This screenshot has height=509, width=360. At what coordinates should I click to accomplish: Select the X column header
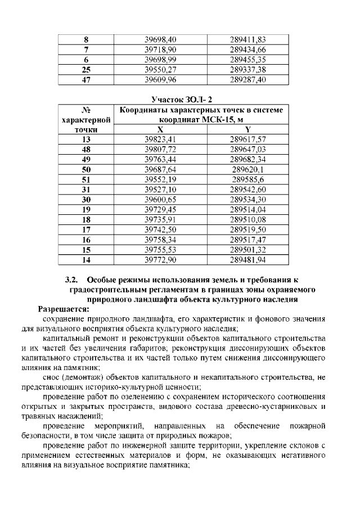[160, 129]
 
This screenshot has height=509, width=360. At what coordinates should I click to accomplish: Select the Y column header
[247, 129]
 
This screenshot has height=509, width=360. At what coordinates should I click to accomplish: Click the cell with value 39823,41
[160, 139]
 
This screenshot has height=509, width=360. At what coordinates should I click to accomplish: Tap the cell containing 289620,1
[247, 169]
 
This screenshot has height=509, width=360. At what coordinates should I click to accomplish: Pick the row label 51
[86, 179]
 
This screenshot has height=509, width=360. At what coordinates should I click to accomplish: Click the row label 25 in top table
[86, 70]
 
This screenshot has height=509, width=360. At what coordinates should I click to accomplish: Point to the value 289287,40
[247, 80]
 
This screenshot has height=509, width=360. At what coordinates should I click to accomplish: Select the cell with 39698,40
[160, 40]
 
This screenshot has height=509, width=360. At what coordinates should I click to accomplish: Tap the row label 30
[86, 199]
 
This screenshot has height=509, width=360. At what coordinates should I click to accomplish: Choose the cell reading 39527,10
[160, 189]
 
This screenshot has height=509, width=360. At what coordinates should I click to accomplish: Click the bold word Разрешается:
[63, 309]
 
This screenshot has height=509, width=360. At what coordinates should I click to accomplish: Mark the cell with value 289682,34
[247, 159]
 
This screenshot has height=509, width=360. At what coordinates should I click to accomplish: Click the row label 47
[86, 80]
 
